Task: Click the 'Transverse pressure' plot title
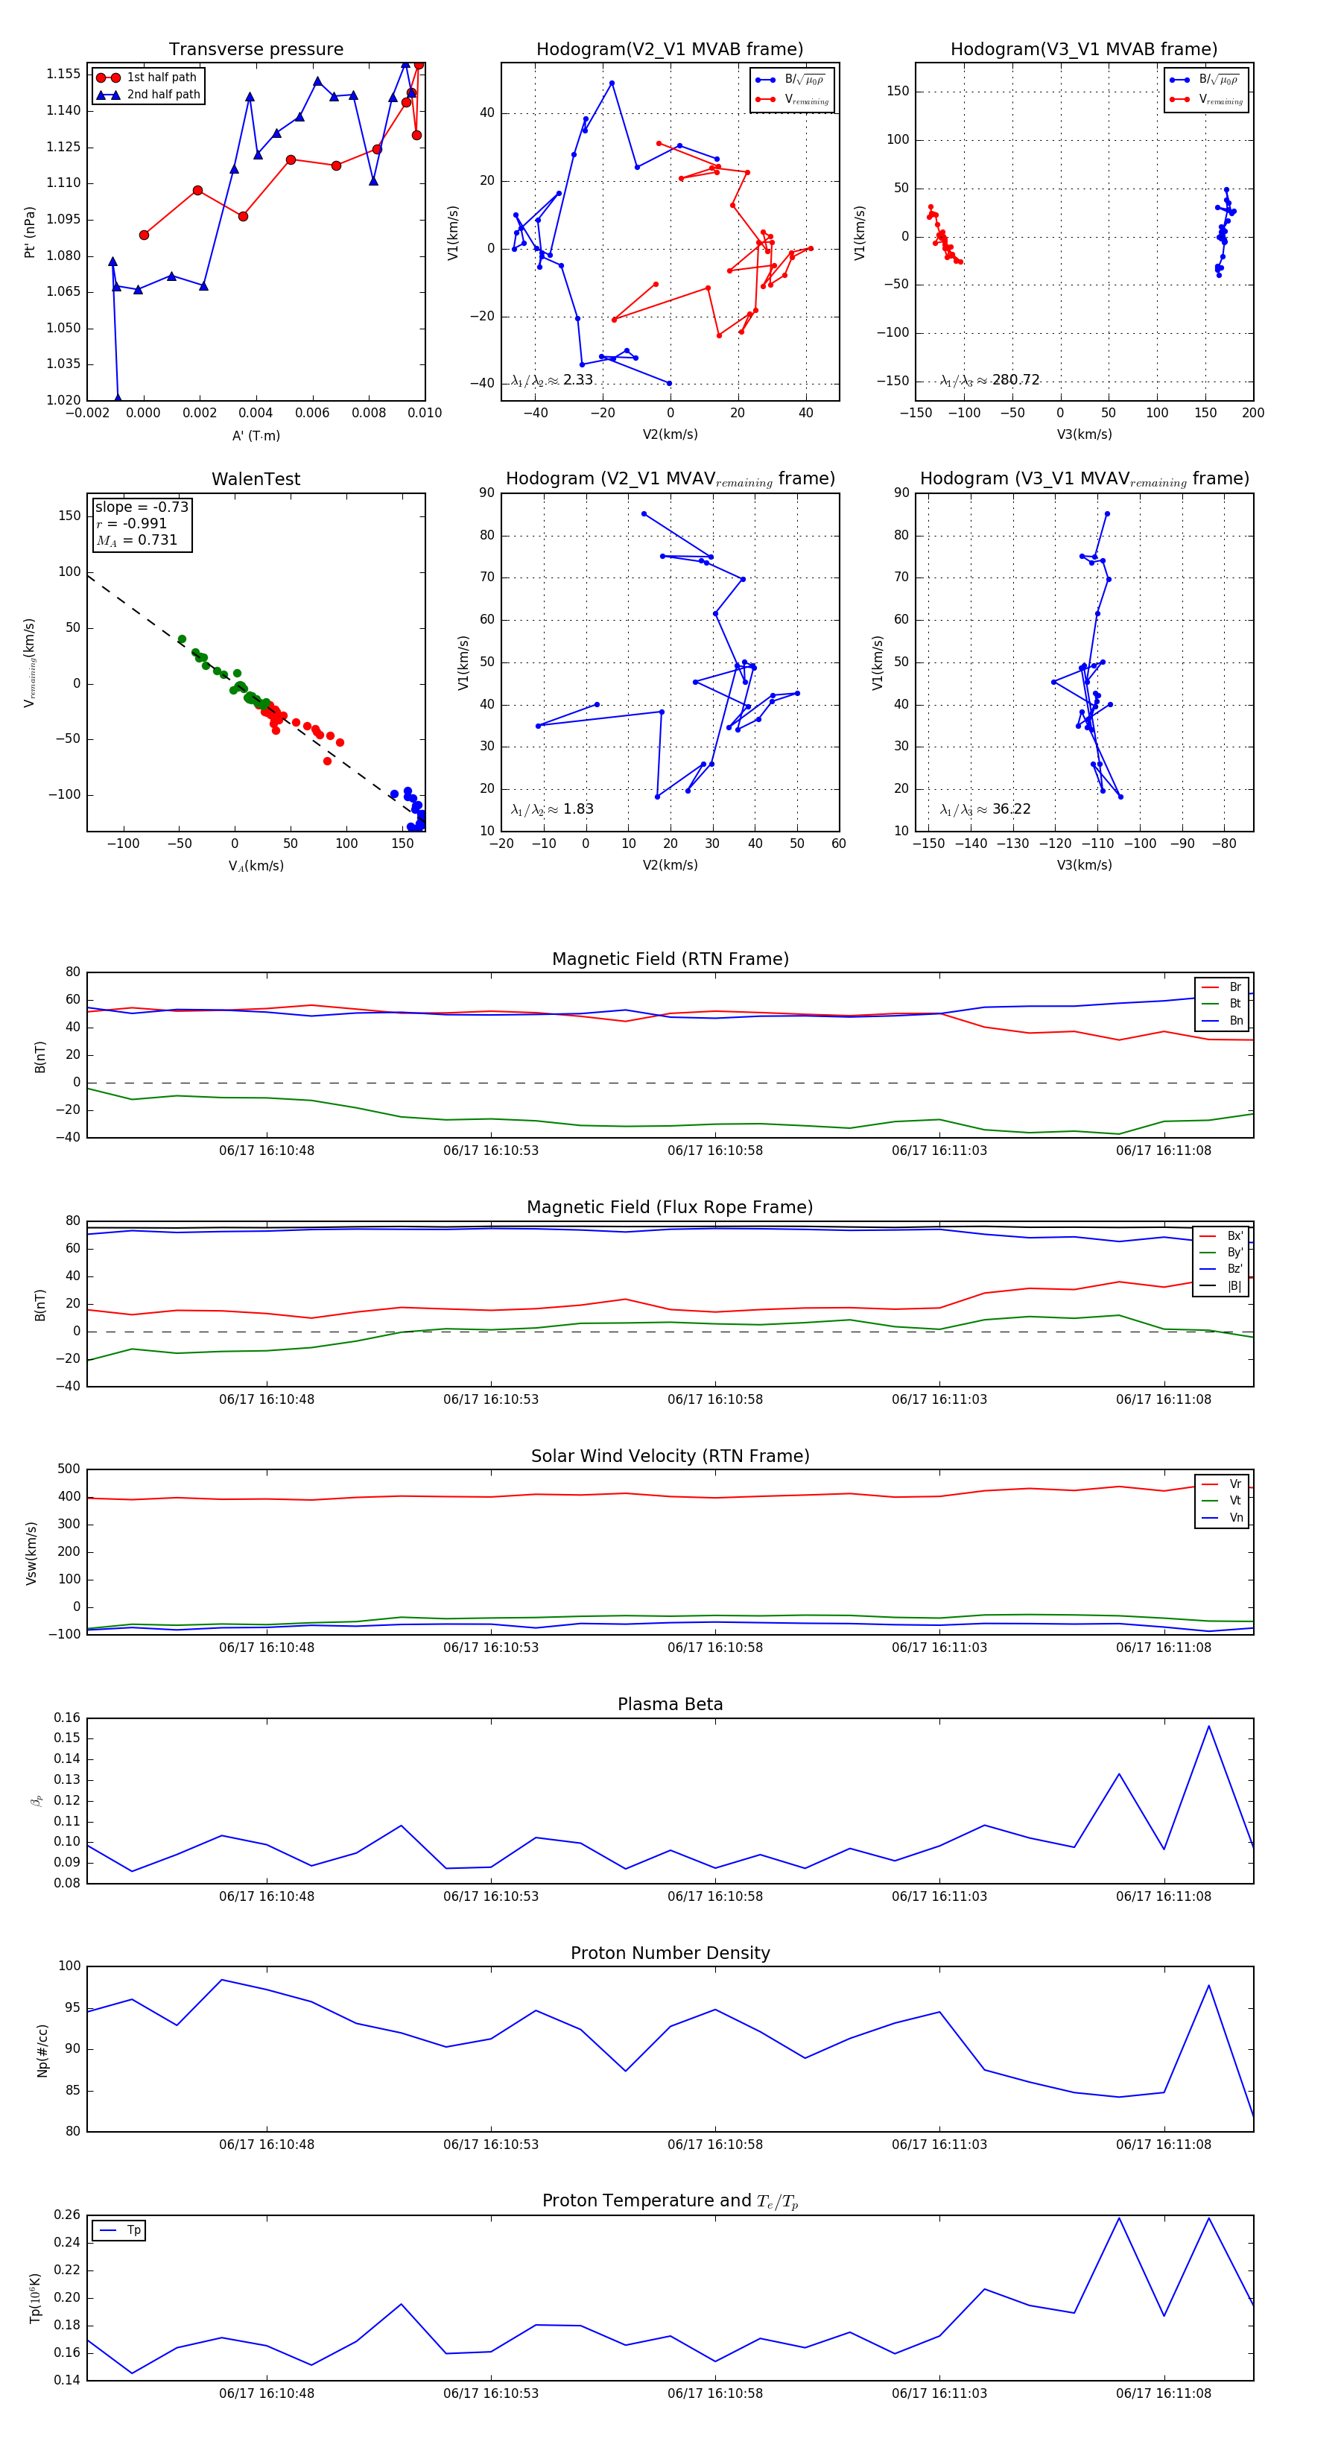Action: click(256, 50)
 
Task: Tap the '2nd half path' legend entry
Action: click(163, 95)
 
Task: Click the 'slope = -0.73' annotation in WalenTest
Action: click(142, 507)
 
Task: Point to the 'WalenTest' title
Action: click(256, 479)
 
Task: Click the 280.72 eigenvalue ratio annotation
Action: click(990, 380)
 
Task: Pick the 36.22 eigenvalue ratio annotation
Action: click(985, 809)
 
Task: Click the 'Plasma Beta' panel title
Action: click(670, 1705)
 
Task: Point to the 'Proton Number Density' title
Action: click(670, 1953)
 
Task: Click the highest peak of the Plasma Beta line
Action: click(1208, 1726)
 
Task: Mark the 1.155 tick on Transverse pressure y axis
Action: click(63, 74)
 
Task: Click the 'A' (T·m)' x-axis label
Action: click(256, 435)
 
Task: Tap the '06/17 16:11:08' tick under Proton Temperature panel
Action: click(1164, 2393)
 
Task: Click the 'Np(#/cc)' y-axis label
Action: click(42, 2051)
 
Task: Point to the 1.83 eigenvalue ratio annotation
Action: click(553, 809)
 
